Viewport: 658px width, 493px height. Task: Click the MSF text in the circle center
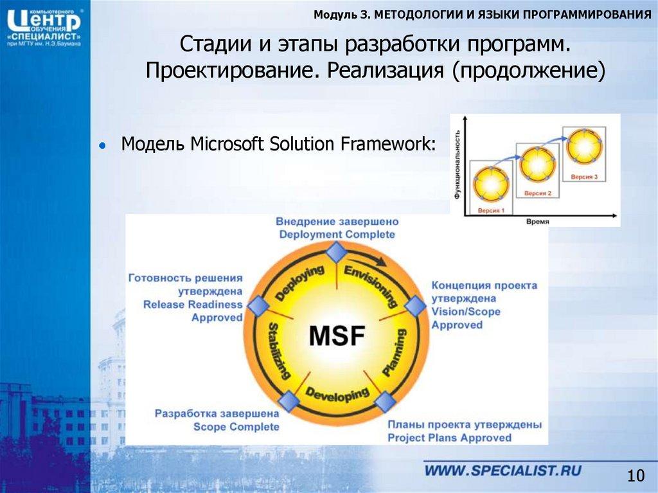pyautogui.click(x=337, y=336)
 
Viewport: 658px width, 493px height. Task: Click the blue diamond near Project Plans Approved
pyautogui.click(x=385, y=402)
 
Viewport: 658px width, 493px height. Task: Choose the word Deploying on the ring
pyautogui.click(x=299, y=283)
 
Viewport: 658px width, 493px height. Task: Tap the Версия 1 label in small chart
pyautogui.click(x=490, y=210)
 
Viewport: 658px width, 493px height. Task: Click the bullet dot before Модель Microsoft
pyautogui.click(x=102, y=146)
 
